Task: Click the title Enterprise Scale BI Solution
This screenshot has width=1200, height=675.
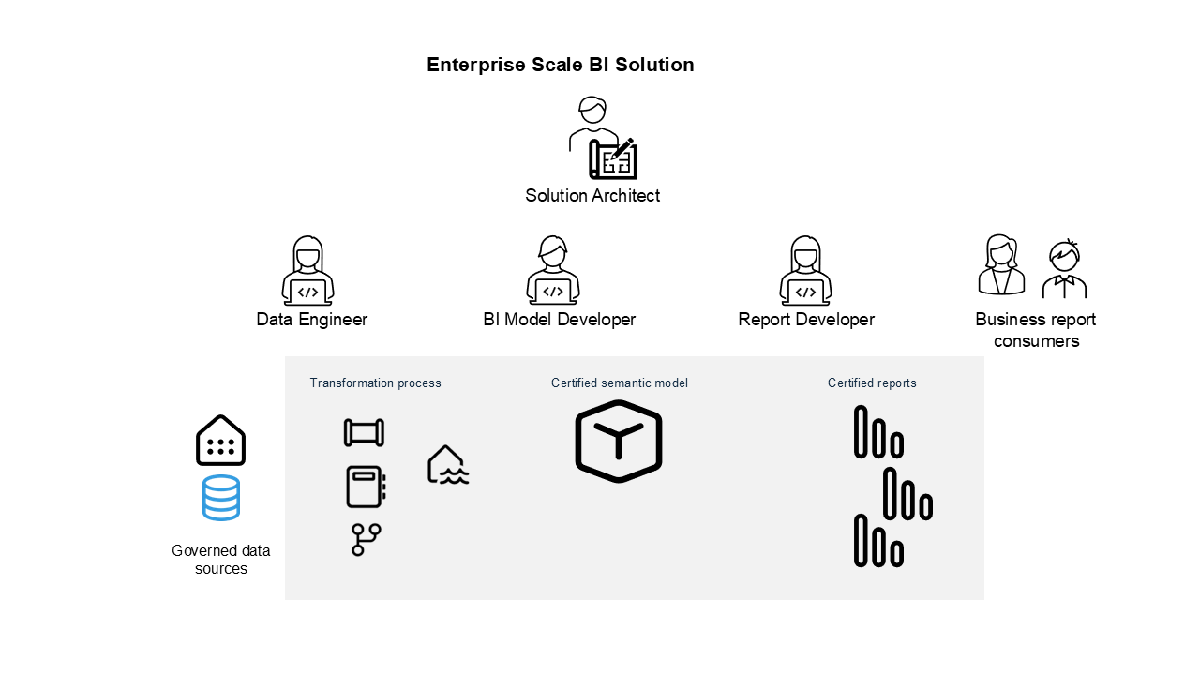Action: (560, 65)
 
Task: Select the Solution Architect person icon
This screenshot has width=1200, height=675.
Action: (601, 139)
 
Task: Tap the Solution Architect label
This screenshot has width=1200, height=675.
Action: (592, 196)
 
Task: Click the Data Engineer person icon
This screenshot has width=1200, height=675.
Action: (308, 271)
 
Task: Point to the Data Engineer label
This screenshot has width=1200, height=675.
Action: (312, 320)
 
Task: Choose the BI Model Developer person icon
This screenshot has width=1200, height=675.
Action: (553, 271)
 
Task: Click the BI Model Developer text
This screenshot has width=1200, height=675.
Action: (560, 320)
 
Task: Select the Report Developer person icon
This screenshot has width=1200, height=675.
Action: (806, 271)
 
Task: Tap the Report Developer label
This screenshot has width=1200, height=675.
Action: (806, 320)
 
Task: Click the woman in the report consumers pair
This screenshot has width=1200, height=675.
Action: (1001, 265)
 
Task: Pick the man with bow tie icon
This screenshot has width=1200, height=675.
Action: (1064, 269)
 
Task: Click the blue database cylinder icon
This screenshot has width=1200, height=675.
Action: (221, 498)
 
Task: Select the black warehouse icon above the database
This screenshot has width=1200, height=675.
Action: (220, 441)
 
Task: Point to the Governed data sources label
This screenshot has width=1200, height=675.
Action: (221, 560)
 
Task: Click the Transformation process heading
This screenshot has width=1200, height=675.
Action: (375, 383)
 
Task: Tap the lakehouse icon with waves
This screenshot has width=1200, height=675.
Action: (447, 466)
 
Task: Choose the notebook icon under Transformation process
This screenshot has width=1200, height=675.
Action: (366, 487)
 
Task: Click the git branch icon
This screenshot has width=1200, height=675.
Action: (366, 540)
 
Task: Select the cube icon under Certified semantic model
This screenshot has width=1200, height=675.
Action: (619, 442)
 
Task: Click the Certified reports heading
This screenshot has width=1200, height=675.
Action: (872, 383)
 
